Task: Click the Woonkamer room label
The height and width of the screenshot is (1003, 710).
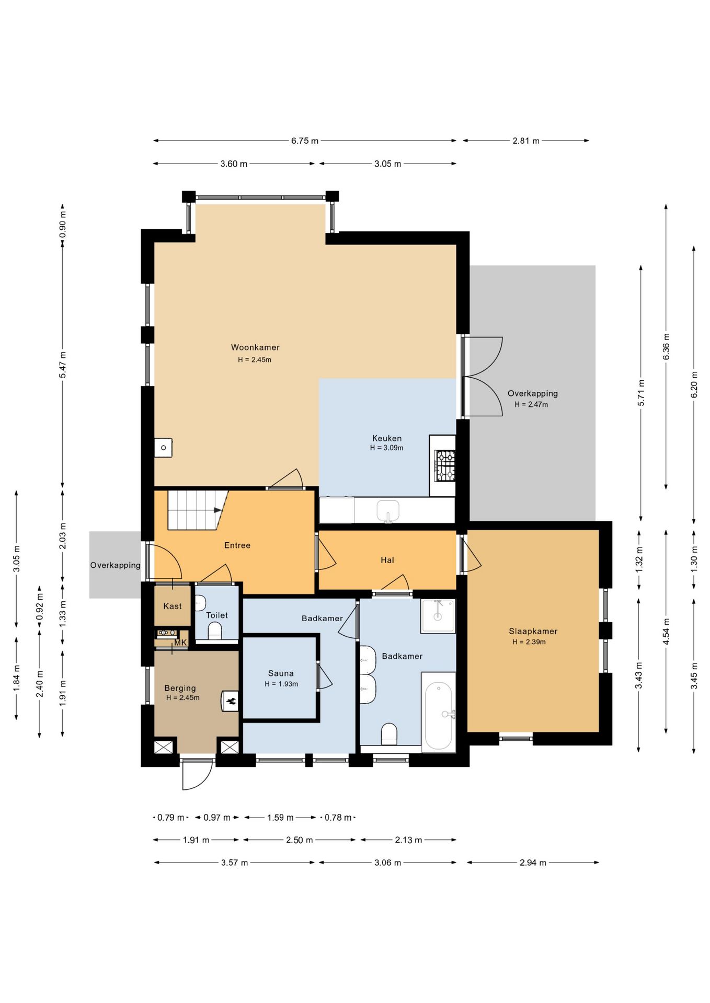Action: tap(255, 347)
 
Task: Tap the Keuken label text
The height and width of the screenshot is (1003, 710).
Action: tap(387, 438)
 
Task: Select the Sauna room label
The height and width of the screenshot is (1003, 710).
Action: tap(281, 673)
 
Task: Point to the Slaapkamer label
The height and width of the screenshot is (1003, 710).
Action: tap(533, 631)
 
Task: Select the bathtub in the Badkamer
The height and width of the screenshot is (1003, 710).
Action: tap(439, 713)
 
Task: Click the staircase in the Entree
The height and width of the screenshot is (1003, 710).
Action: tap(198, 510)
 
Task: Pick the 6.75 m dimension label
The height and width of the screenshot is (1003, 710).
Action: tap(305, 141)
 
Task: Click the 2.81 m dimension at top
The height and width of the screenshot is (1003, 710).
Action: tap(526, 141)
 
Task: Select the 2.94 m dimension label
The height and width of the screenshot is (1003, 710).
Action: tap(533, 862)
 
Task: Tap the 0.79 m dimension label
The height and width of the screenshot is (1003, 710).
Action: tap(171, 818)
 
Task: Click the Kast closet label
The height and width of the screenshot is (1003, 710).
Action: tap(173, 606)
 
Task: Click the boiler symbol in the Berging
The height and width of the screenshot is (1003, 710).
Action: tap(230, 701)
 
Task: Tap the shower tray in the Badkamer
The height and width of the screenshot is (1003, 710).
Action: tap(438, 616)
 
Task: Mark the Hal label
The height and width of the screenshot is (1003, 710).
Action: tap(387, 560)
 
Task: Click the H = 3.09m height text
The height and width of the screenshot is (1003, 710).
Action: tap(387, 448)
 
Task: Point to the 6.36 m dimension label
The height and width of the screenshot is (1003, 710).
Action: tap(666, 346)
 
